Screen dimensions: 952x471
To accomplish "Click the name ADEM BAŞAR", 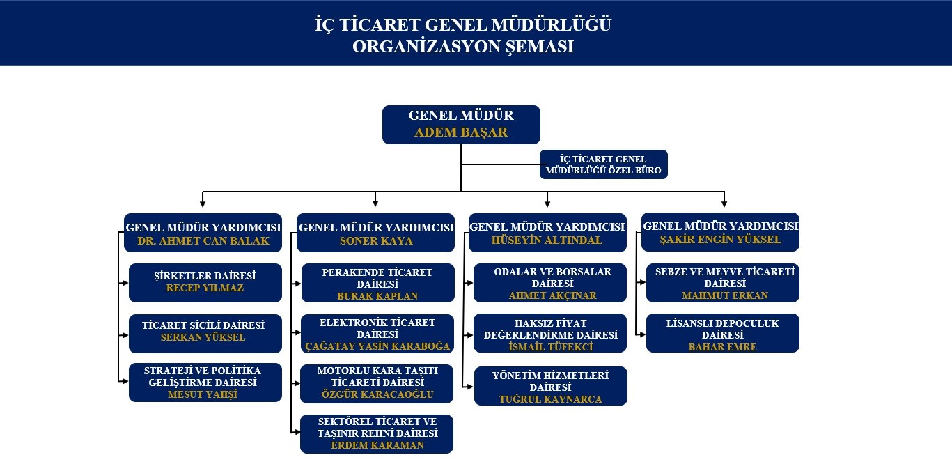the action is pyautogui.click(x=461, y=132).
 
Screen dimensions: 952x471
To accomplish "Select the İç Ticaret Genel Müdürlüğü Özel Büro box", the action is pyautogui.click(x=604, y=164).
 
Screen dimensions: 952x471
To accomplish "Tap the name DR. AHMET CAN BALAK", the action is pyautogui.click(x=203, y=241).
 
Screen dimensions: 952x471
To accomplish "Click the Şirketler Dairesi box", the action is pyautogui.click(x=205, y=283).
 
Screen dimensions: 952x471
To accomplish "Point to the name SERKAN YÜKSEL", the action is pyautogui.click(x=203, y=337).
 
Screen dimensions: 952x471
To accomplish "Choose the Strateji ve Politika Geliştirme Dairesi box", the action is pyautogui.click(x=205, y=382).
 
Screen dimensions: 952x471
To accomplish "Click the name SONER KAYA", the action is pyautogui.click(x=376, y=241).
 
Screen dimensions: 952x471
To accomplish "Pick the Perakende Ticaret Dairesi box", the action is pyautogui.click(x=378, y=283).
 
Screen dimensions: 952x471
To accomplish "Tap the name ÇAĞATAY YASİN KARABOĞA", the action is pyautogui.click(x=377, y=346).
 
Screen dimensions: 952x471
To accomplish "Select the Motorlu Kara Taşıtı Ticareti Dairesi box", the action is pyautogui.click(x=377, y=384).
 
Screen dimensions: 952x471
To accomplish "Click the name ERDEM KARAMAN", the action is pyautogui.click(x=377, y=445).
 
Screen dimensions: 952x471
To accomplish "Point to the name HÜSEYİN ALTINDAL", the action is pyautogui.click(x=547, y=240).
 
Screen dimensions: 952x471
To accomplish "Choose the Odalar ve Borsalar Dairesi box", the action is pyautogui.click(x=550, y=283).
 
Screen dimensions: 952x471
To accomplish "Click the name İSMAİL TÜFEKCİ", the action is pyautogui.click(x=551, y=347).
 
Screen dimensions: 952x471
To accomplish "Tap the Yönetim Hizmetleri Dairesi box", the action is pyautogui.click(x=551, y=386).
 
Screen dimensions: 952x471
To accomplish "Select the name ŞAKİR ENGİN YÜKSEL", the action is pyautogui.click(x=720, y=240).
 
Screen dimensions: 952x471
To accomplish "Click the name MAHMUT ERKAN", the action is pyautogui.click(x=725, y=295).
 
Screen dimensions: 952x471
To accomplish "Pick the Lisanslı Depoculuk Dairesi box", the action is pyautogui.click(x=723, y=333).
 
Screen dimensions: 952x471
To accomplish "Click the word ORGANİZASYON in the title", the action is pyautogui.click(x=426, y=47).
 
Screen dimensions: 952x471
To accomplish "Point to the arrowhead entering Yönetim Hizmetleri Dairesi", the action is pyautogui.click(x=470, y=387).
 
